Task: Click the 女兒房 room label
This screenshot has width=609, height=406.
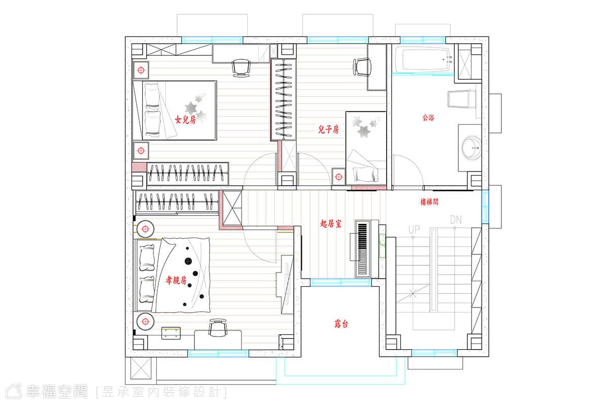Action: click(x=185, y=119)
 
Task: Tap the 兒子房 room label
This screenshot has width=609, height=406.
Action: click(x=328, y=129)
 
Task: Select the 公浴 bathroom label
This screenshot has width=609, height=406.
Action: click(x=428, y=117)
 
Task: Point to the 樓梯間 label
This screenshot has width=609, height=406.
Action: click(x=429, y=202)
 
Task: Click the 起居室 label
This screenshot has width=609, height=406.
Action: click(x=331, y=223)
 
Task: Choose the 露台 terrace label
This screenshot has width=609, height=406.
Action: click(x=341, y=324)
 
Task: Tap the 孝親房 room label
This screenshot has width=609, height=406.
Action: click(x=176, y=280)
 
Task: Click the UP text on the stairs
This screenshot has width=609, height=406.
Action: click(x=414, y=229)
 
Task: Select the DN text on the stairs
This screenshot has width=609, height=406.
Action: click(x=456, y=220)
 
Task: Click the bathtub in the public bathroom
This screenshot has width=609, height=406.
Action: click(x=424, y=60)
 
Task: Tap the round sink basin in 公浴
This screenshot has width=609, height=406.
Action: click(x=471, y=148)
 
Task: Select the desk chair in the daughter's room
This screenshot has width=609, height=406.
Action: click(x=241, y=68)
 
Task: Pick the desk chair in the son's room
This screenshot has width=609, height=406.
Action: click(x=362, y=67)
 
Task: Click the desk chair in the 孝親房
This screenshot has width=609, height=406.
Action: click(x=217, y=327)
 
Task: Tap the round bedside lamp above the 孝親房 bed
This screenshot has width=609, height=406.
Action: click(x=146, y=229)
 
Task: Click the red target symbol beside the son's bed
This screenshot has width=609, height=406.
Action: click(x=339, y=177)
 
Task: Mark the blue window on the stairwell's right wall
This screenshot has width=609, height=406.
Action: click(x=485, y=207)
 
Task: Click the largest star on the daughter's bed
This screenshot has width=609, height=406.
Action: click(x=191, y=108)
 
